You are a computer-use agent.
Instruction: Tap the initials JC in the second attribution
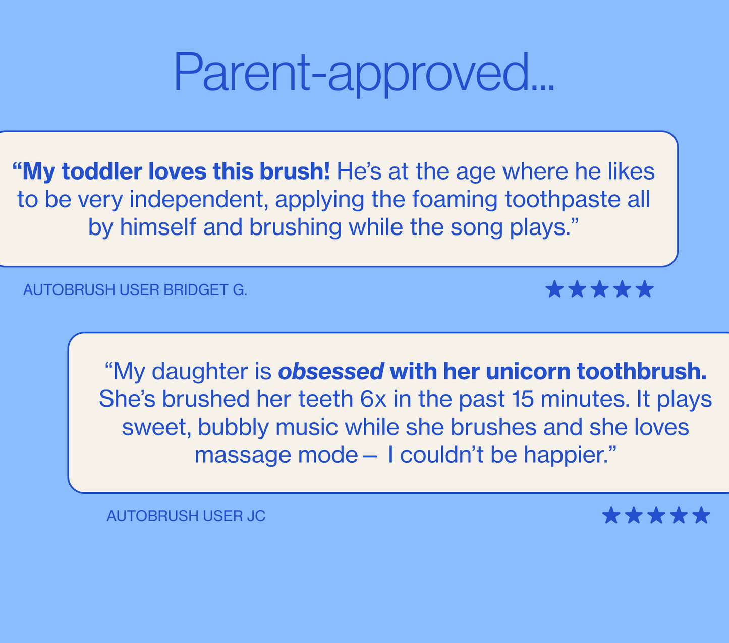(256, 516)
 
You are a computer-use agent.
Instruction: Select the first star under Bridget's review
(554, 290)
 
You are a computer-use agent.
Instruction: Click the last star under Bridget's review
(645, 290)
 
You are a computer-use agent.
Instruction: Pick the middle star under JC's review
(656, 516)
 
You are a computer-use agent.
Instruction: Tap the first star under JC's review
(611, 516)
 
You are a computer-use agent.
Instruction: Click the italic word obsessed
(331, 372)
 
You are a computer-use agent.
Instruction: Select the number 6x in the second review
(373, 399)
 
